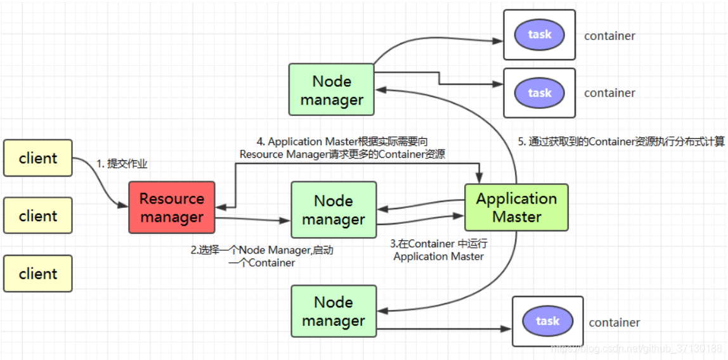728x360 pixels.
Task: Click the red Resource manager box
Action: click(172, 207)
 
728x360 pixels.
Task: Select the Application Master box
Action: click(516, 207)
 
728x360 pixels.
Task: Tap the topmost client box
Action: click(38, 158)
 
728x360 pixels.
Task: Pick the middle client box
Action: click(38, 215)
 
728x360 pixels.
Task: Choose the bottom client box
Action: click(38, 274)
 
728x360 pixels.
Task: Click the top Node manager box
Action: click(332, 90)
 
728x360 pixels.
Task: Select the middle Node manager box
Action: click(334, 210)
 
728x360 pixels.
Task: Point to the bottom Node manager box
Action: click(334, 311)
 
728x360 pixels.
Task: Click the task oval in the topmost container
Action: click(540, 35)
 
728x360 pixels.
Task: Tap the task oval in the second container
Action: click(540, 93)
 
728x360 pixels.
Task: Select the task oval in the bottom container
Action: click(547, 321)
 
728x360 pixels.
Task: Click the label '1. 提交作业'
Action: click(122, 164)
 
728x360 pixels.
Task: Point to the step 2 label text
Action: click(262, 256)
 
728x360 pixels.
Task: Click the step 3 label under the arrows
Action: click(439, 250)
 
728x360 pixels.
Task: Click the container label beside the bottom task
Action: click(614, 323)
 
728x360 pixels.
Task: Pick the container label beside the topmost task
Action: click(609, 36)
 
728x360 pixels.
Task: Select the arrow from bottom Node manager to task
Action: click(444, 328)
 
